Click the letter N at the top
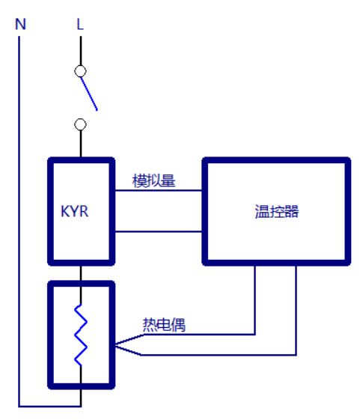(21, 24)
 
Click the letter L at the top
(80, 24)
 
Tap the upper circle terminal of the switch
(80, 71)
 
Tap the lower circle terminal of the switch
(80, 124)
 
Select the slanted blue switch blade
(89, 94)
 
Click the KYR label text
(74, 211)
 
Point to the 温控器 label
(277, 211)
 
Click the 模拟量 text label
(153, 180)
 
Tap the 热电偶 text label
(164, 325)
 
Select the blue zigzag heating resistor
(81, 335)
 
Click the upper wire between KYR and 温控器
(159, 190)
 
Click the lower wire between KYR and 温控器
(159, 231)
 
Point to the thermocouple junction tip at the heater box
(116, 345)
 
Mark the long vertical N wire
(19, 222)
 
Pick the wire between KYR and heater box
(81, 273)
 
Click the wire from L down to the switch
(81, 51)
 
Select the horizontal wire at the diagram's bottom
(50, 406)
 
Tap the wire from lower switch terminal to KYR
(81, 144)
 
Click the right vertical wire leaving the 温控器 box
(296, 310)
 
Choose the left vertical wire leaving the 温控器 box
(254, 300)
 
